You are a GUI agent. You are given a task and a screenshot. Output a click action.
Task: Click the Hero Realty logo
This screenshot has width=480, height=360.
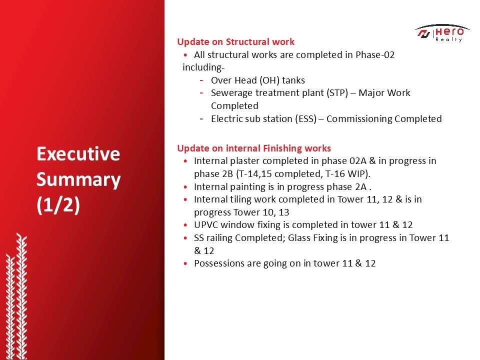(442, 33)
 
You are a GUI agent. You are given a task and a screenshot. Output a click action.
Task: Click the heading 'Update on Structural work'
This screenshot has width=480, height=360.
(235, 41)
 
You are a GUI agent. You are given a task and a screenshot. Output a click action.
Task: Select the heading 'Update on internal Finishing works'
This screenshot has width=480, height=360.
(254, 148)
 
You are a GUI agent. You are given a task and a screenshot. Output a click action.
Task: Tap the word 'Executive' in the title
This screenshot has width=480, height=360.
(78, 153)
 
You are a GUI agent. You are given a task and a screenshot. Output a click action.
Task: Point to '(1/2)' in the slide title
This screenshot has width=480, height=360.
(58, 204)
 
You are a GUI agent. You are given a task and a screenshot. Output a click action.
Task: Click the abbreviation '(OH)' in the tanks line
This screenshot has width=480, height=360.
(269, 80)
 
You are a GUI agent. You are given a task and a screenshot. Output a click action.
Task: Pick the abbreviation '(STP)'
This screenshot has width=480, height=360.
(337, 93)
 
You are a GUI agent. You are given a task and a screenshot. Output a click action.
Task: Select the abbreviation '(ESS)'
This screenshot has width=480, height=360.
(306, 119)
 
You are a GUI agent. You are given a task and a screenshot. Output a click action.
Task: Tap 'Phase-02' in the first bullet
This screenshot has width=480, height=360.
(375, 55)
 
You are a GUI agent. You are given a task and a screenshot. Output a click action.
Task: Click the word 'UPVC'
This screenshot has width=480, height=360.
(206, 224)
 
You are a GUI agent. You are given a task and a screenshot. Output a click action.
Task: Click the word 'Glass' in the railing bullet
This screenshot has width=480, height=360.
(299, 238)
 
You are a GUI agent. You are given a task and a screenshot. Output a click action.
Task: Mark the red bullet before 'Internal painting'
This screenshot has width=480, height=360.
(185, 186)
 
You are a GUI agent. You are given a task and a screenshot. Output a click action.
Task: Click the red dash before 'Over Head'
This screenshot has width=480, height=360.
(201, 80)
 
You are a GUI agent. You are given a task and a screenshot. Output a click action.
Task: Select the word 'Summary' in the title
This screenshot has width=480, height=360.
(78, 180)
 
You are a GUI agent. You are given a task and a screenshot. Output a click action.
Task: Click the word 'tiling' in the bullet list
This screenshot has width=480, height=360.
(240, 199)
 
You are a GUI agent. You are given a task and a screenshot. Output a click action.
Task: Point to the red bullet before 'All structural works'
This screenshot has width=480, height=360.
(185, 55)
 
